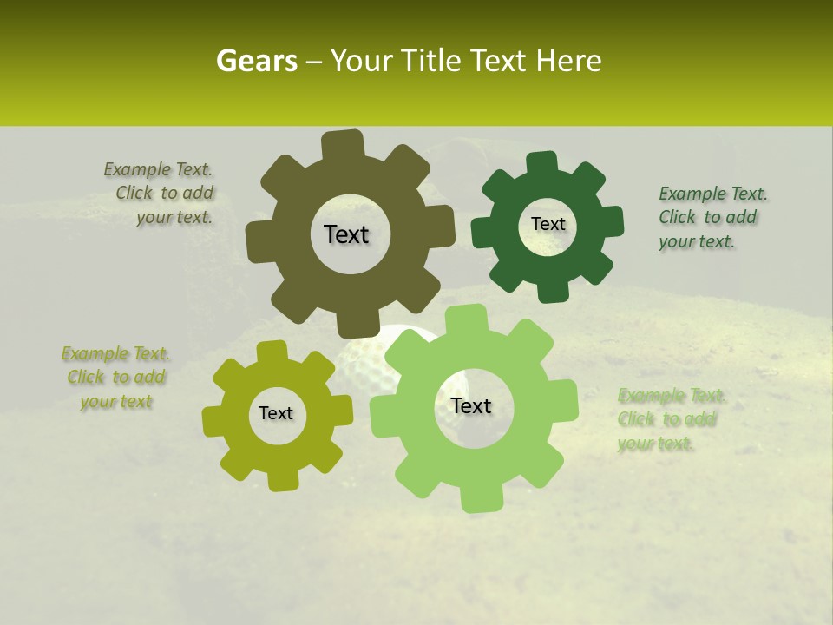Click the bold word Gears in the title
256,61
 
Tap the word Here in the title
569,61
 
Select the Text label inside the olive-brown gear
346,234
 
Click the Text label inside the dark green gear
548,224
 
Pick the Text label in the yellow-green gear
276,413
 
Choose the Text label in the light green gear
471,405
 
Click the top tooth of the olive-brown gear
343,144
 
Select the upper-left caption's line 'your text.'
174,217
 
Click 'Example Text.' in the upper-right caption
713,194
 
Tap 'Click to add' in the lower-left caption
116,377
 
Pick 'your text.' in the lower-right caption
656,444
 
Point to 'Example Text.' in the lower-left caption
115,353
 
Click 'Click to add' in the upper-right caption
707,217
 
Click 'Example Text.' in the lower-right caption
672,396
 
